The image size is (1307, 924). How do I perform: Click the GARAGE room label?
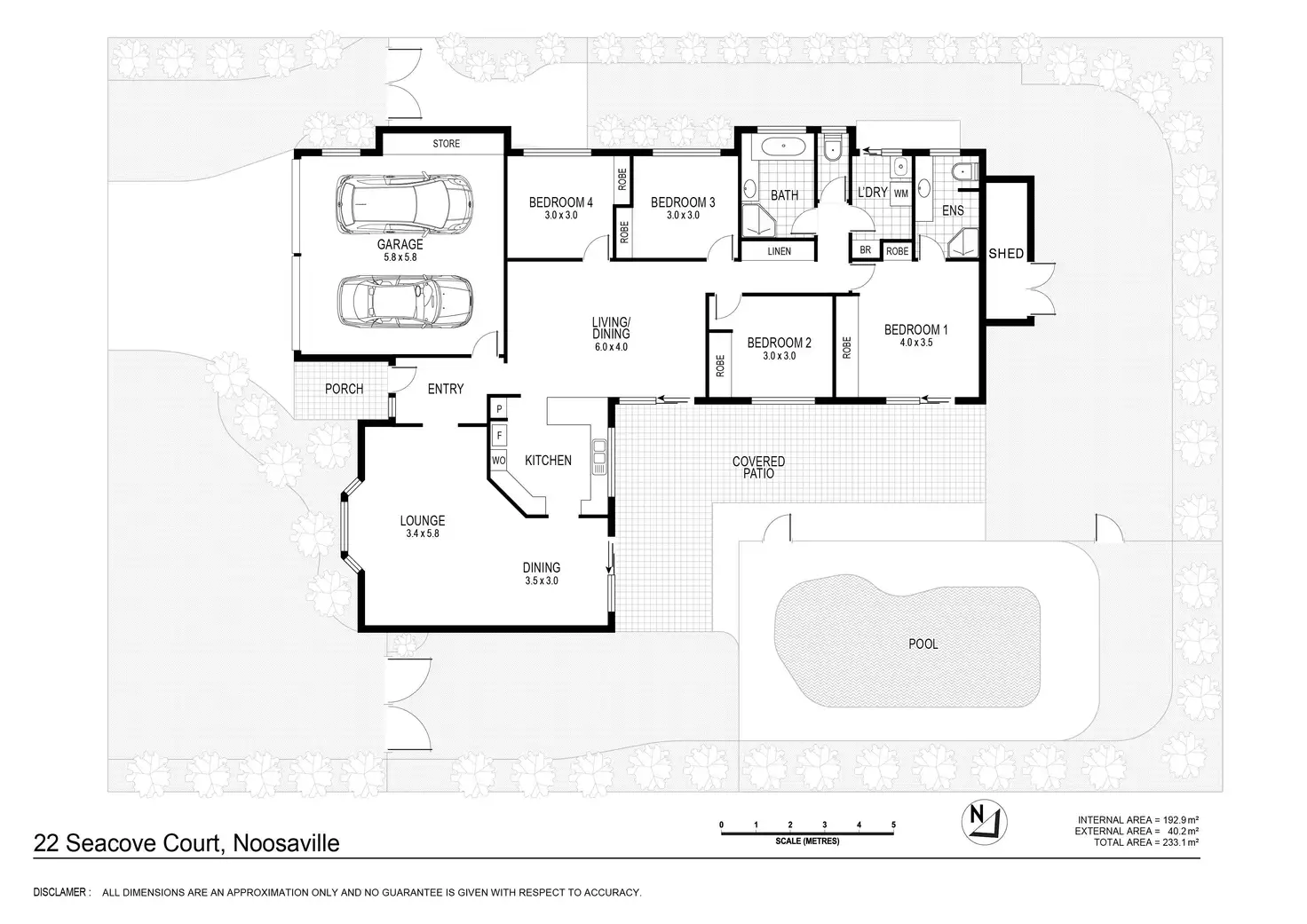click(400, 245)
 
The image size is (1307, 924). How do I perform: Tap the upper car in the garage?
click(404, 202)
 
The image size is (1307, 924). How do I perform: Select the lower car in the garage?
click(404, 300)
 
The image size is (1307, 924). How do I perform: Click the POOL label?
click(923, 644)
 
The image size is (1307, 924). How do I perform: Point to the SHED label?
click(1006, 254)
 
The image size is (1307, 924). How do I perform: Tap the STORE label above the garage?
click(446, 143)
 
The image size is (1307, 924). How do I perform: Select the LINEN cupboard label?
click(779, 251)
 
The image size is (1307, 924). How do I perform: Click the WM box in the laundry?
click(900, 193)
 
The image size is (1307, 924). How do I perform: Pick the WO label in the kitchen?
click(499, 461)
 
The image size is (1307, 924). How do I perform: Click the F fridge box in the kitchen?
click(499, 436)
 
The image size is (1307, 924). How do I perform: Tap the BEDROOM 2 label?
click(779, 343)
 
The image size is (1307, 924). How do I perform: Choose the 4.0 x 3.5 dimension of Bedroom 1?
click(915, 342)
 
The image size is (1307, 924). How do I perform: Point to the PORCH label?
click(344, 389)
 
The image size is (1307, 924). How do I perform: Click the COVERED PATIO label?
click(758, 467)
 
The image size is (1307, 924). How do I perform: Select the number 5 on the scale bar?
click(893, 825)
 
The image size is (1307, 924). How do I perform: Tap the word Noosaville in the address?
click(286, 843)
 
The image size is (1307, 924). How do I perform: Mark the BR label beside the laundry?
click(865, 251)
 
